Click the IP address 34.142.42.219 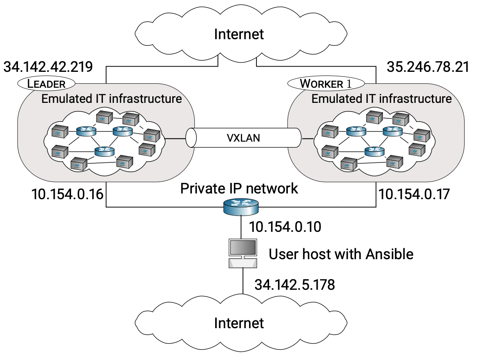48,67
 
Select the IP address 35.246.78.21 428,67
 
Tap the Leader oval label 46,84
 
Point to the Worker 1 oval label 325,84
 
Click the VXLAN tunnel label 244,138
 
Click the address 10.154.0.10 285,227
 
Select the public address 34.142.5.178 294,284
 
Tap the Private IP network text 239,189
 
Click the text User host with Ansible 341,254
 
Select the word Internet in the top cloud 239,34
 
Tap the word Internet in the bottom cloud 239,323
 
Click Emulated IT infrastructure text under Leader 111,98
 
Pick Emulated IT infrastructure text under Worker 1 381,98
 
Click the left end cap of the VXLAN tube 190,138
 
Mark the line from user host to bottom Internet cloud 243,282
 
